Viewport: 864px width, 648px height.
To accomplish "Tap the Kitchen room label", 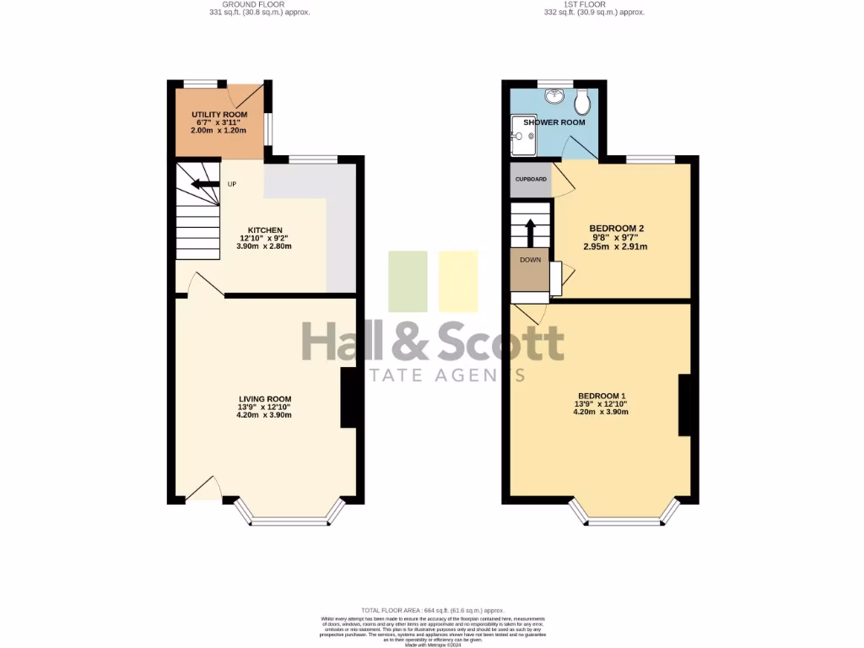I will tap(264, 230).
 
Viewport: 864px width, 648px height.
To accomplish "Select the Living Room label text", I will tap(265, 399).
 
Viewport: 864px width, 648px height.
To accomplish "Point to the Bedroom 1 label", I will tap(601, 396).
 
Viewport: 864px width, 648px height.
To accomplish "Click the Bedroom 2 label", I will tap(617, 229).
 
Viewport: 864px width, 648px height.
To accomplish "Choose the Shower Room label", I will tap(553, 122).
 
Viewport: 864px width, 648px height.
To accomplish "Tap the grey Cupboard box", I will tap(530, 180).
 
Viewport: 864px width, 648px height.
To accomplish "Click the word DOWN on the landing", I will tap(530, 260).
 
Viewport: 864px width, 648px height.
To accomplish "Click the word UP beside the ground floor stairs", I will tap(232, 185).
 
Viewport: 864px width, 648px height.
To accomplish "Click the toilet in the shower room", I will tap(581, 103).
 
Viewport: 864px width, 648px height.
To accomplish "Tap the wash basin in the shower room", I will tap(554, 96).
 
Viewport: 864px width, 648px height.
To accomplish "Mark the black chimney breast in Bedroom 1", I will tap(684, 405).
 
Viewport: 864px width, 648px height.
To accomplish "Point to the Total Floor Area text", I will tap(432, 610).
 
